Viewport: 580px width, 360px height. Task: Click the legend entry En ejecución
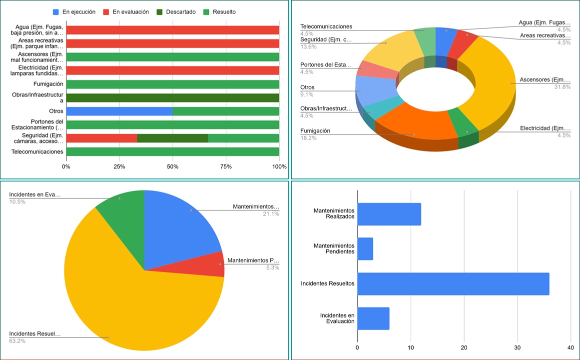coord(78,12)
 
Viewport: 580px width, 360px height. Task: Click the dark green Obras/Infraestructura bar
coord(172,97)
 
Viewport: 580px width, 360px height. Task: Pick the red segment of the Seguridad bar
coord(101,138)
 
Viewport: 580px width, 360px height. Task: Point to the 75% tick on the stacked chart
coord(226,166)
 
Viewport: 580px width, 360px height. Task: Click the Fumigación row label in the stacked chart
coord(48,84)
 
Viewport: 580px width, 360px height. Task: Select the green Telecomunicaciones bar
coord(172,151)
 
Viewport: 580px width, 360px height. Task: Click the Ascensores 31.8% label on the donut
coord(545,80)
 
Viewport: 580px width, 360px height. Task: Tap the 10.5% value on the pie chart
coord(17,201)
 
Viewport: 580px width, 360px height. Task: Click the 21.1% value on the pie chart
coord(271,213)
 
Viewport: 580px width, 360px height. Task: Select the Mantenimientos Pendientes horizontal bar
coord(365,248)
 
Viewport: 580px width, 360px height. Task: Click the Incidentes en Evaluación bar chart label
coord(337,318)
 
